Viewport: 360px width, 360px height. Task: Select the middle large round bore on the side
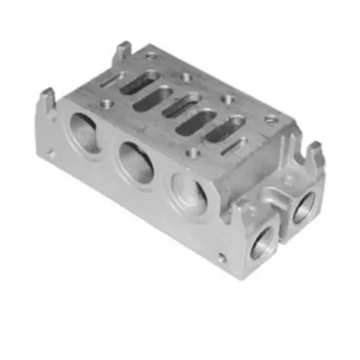click(x=136, y=161)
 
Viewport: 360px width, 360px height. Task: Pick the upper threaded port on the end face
click(x=305, y=205)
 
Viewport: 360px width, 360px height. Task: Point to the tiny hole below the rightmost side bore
click(x=222, y=258)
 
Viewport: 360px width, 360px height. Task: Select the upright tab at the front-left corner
click(x=48, y=98)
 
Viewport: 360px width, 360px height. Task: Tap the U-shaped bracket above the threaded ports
click(x=308, y=157)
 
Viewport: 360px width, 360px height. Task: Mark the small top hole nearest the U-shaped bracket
click(x=269, y=119)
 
